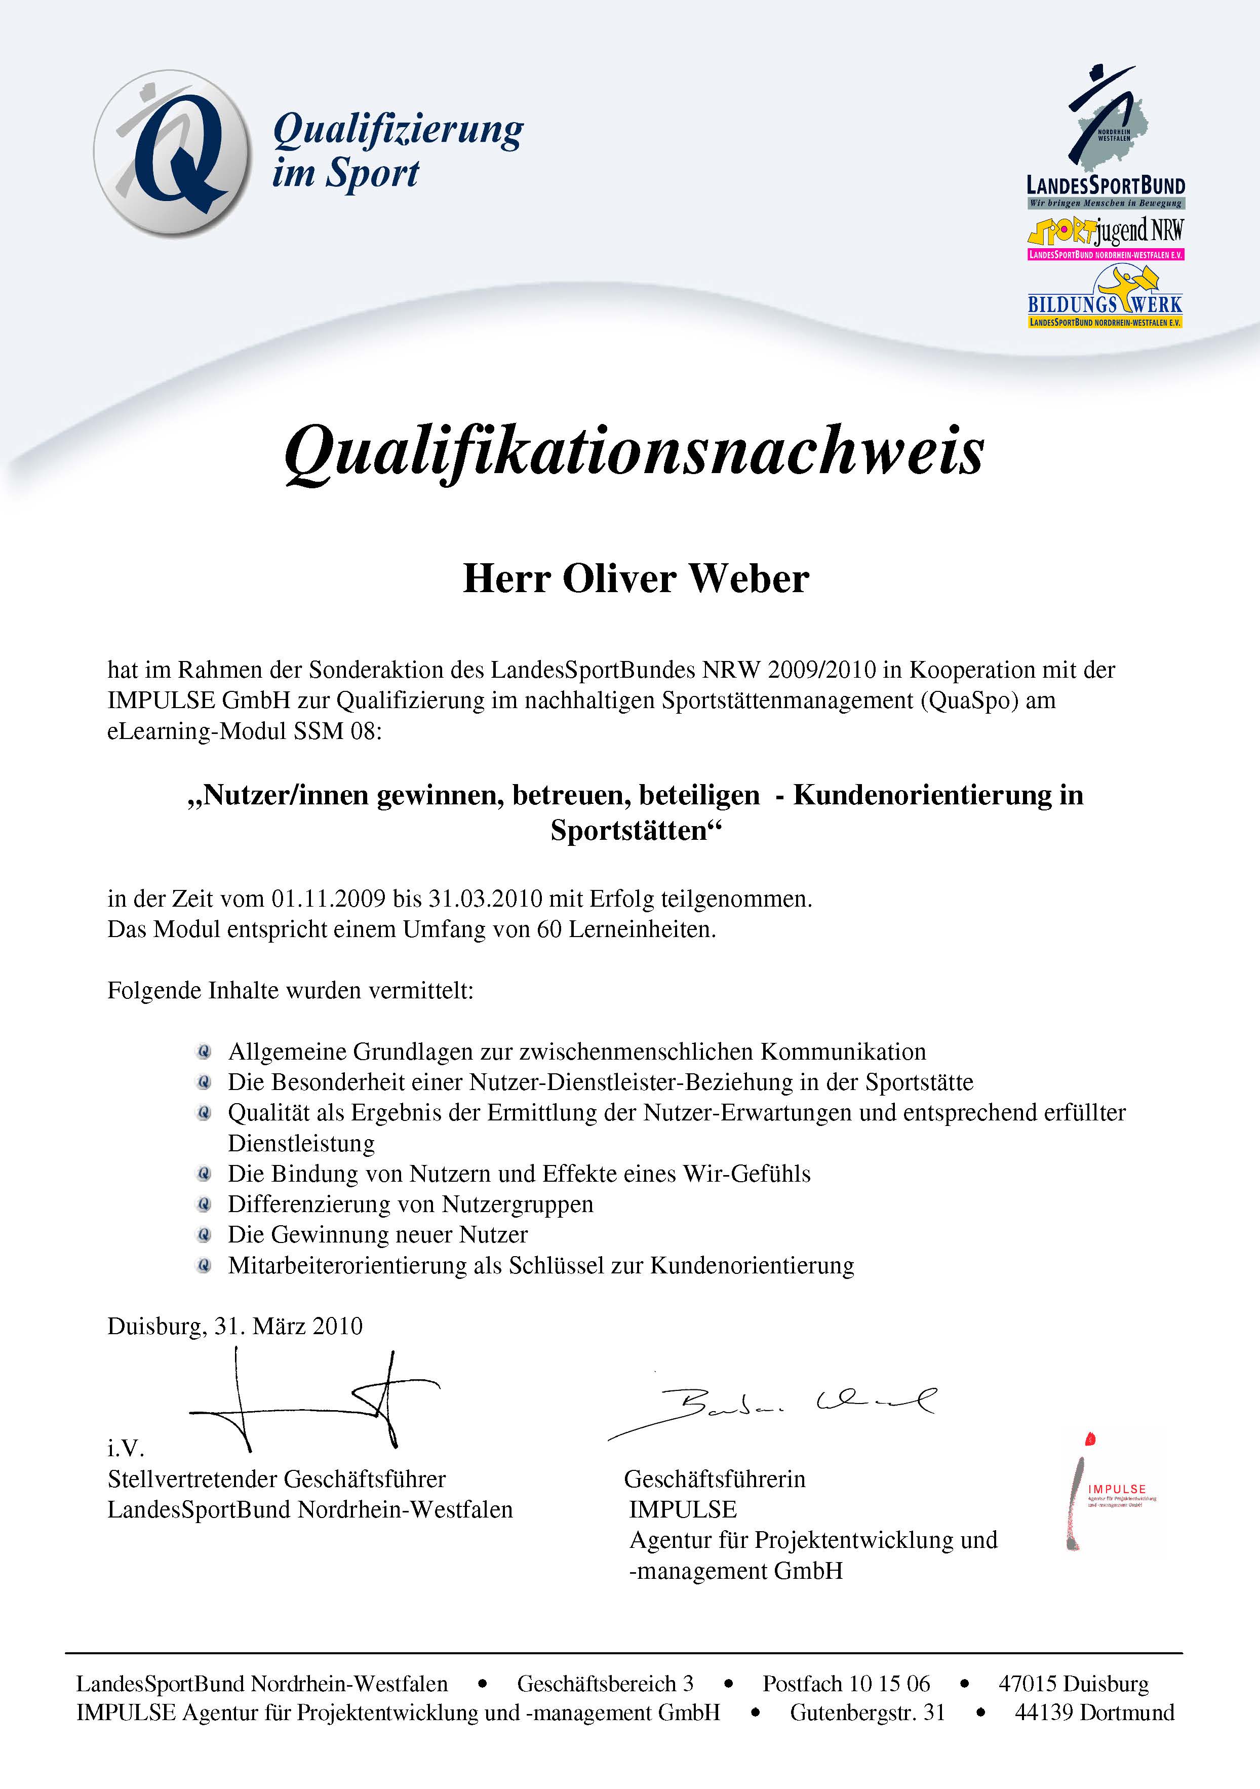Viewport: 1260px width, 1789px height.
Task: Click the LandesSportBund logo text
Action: point(1105,185)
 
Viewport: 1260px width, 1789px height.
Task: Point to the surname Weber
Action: point(749,579)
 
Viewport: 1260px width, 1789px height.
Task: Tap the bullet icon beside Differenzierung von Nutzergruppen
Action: point(204,1204)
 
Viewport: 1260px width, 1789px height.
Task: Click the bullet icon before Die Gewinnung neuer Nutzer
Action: point(204,1235)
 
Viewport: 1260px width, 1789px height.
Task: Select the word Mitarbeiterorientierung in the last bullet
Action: point(347,1265)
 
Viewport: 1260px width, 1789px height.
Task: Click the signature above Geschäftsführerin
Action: point(771,1407)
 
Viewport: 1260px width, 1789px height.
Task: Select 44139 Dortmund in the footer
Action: point(1094,1713)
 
